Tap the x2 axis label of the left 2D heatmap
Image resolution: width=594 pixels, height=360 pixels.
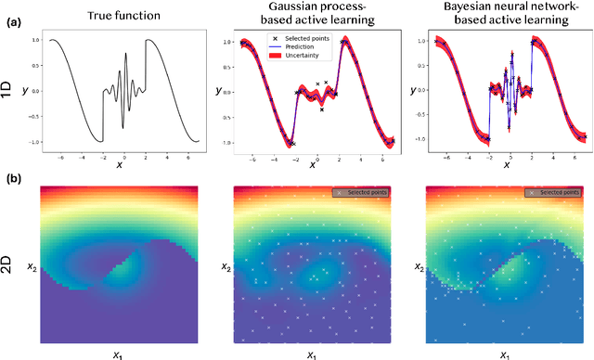click(32, 266)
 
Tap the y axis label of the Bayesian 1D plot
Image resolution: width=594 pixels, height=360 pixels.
click(413, 91)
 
